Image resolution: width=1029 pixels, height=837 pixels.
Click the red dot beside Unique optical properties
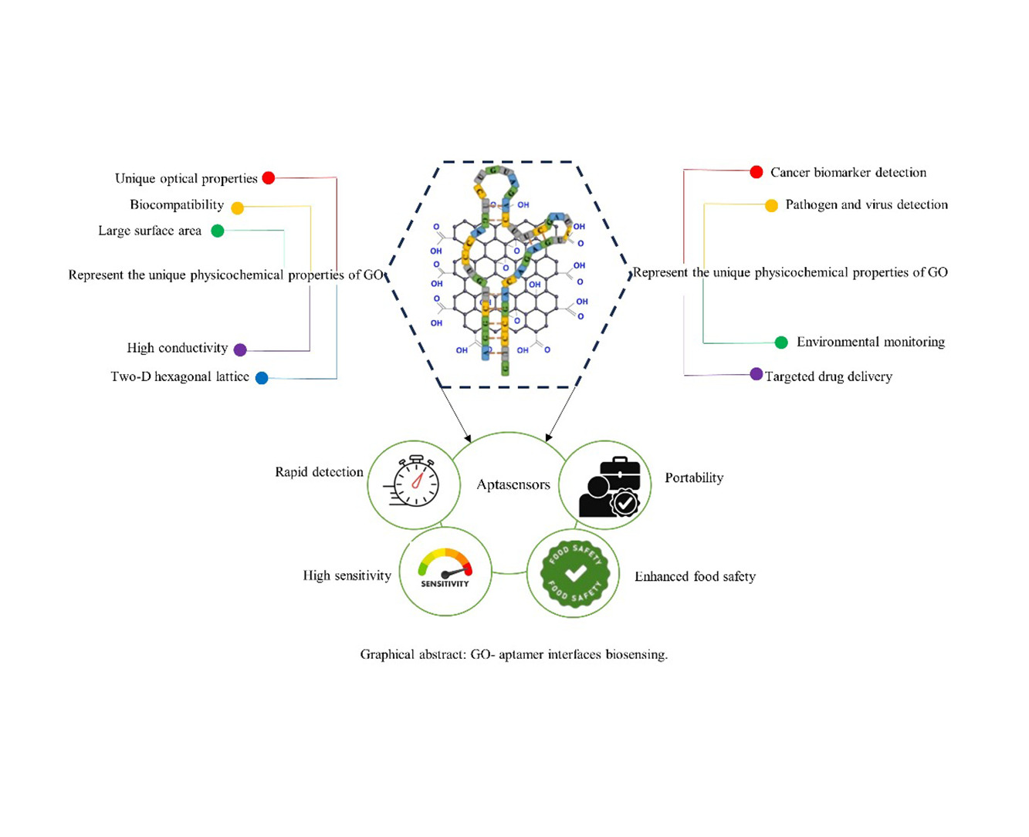pos(269,178)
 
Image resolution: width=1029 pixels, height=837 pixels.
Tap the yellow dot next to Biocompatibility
pos(238,208)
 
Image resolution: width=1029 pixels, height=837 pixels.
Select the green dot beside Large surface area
pos(218,231)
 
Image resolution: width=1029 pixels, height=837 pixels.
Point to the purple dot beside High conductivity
pos(240,349)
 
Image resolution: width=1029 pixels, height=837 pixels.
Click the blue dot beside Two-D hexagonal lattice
pos(262,378)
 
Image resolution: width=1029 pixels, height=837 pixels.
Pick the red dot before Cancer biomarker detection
pos(757,172)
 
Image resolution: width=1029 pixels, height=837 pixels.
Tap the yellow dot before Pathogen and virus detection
pos(771,205)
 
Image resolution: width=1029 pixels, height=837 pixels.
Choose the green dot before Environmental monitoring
pos(781,343)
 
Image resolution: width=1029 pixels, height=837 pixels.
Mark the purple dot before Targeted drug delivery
pos(757,374)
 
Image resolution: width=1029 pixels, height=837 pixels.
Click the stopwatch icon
pos(415,482)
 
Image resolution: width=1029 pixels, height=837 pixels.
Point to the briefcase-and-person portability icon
pos(609,487)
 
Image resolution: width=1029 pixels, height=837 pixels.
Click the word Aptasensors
pos(513,485)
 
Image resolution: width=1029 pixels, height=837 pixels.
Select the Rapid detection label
pos(319,472)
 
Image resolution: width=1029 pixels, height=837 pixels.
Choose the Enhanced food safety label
pos(695,576)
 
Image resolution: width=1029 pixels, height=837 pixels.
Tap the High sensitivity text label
pos(347,575)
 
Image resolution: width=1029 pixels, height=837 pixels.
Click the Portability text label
pos(694,478)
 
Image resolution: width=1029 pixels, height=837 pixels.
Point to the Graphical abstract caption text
pos(513,654)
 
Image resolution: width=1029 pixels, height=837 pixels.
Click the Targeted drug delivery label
pos(828,376)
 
